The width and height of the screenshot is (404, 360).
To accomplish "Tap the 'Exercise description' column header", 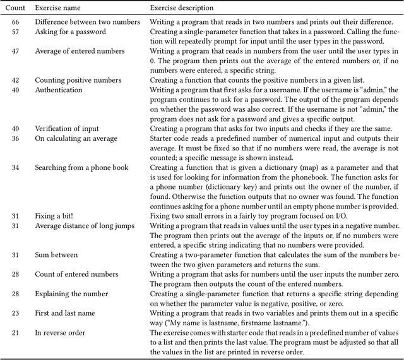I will click(181, 8).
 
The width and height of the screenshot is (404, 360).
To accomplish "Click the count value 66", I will click(16, 22).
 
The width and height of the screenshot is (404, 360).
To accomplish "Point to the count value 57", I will click(16, 32).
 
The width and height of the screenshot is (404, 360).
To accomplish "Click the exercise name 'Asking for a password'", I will click(70, 32).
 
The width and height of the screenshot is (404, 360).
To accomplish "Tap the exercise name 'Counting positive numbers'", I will click(78, 80).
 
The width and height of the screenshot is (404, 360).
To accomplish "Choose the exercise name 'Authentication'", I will click(59, 90).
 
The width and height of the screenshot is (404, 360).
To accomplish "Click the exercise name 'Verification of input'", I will click(68, 129).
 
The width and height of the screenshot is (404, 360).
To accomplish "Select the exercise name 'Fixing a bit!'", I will click(52, 216).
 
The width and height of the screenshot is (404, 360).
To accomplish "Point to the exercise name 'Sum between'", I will click(56, 255).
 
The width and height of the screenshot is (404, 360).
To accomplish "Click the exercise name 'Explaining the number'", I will click(71, 294).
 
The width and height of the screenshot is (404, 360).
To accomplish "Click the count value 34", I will click(16, 167).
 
